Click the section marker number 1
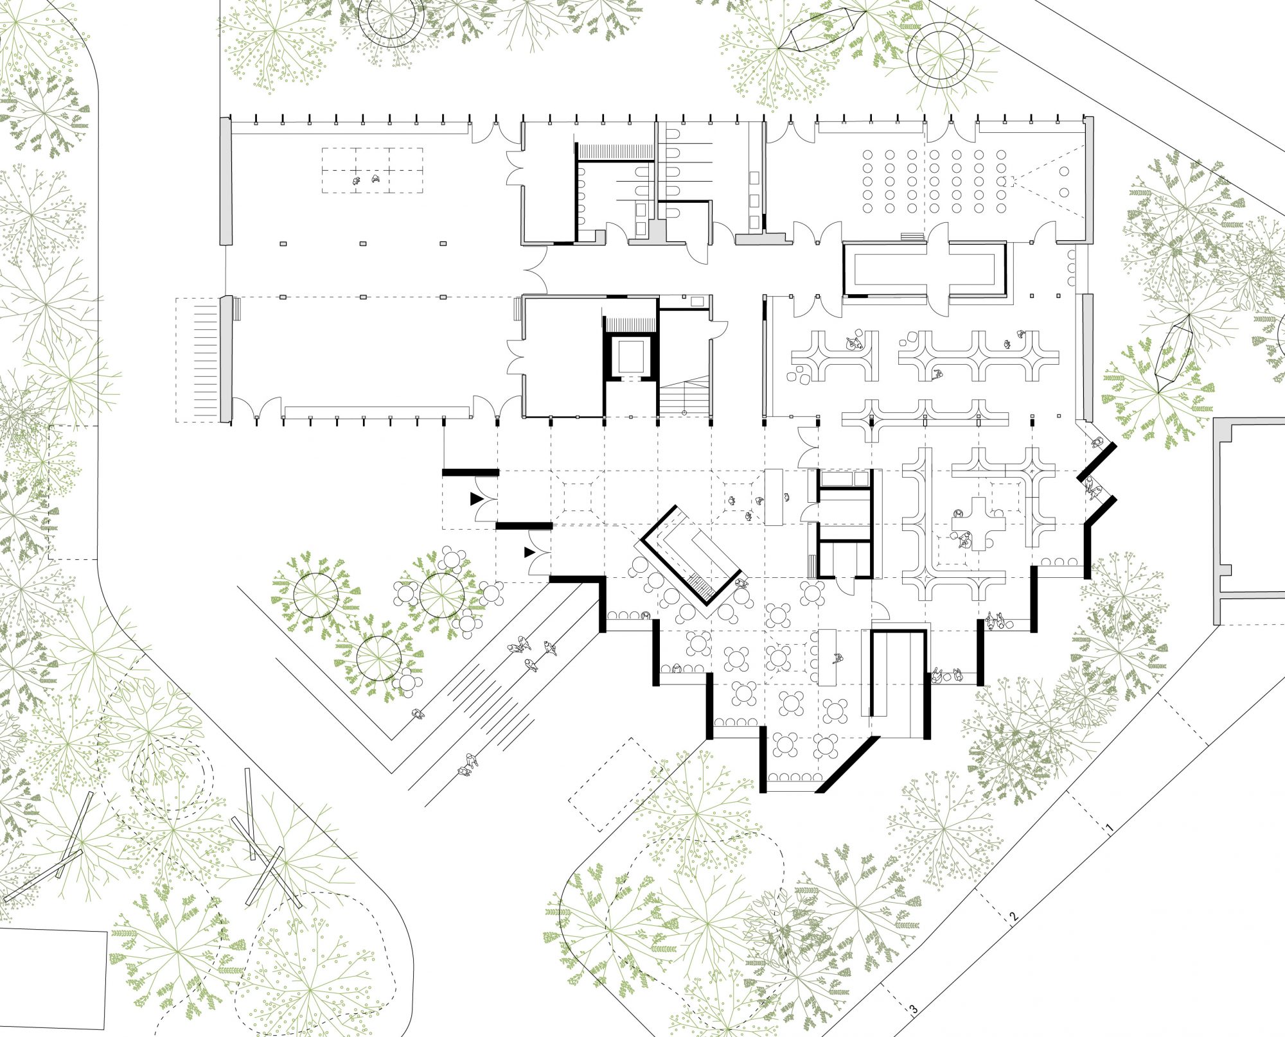pyautogui.click(x=1110, y=829)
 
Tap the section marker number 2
pyautogui.click(x=1014, y=916)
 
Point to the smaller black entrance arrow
pyautogui.click(x=529, y=552)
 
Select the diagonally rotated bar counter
pyautogui.click(x=691, y=559)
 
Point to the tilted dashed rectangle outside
pyautogui.click(x=616, y=784)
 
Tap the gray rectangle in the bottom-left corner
pyautogui.click(x=51, y=982)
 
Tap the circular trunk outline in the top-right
pyautogui.click(x=940, y=55)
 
